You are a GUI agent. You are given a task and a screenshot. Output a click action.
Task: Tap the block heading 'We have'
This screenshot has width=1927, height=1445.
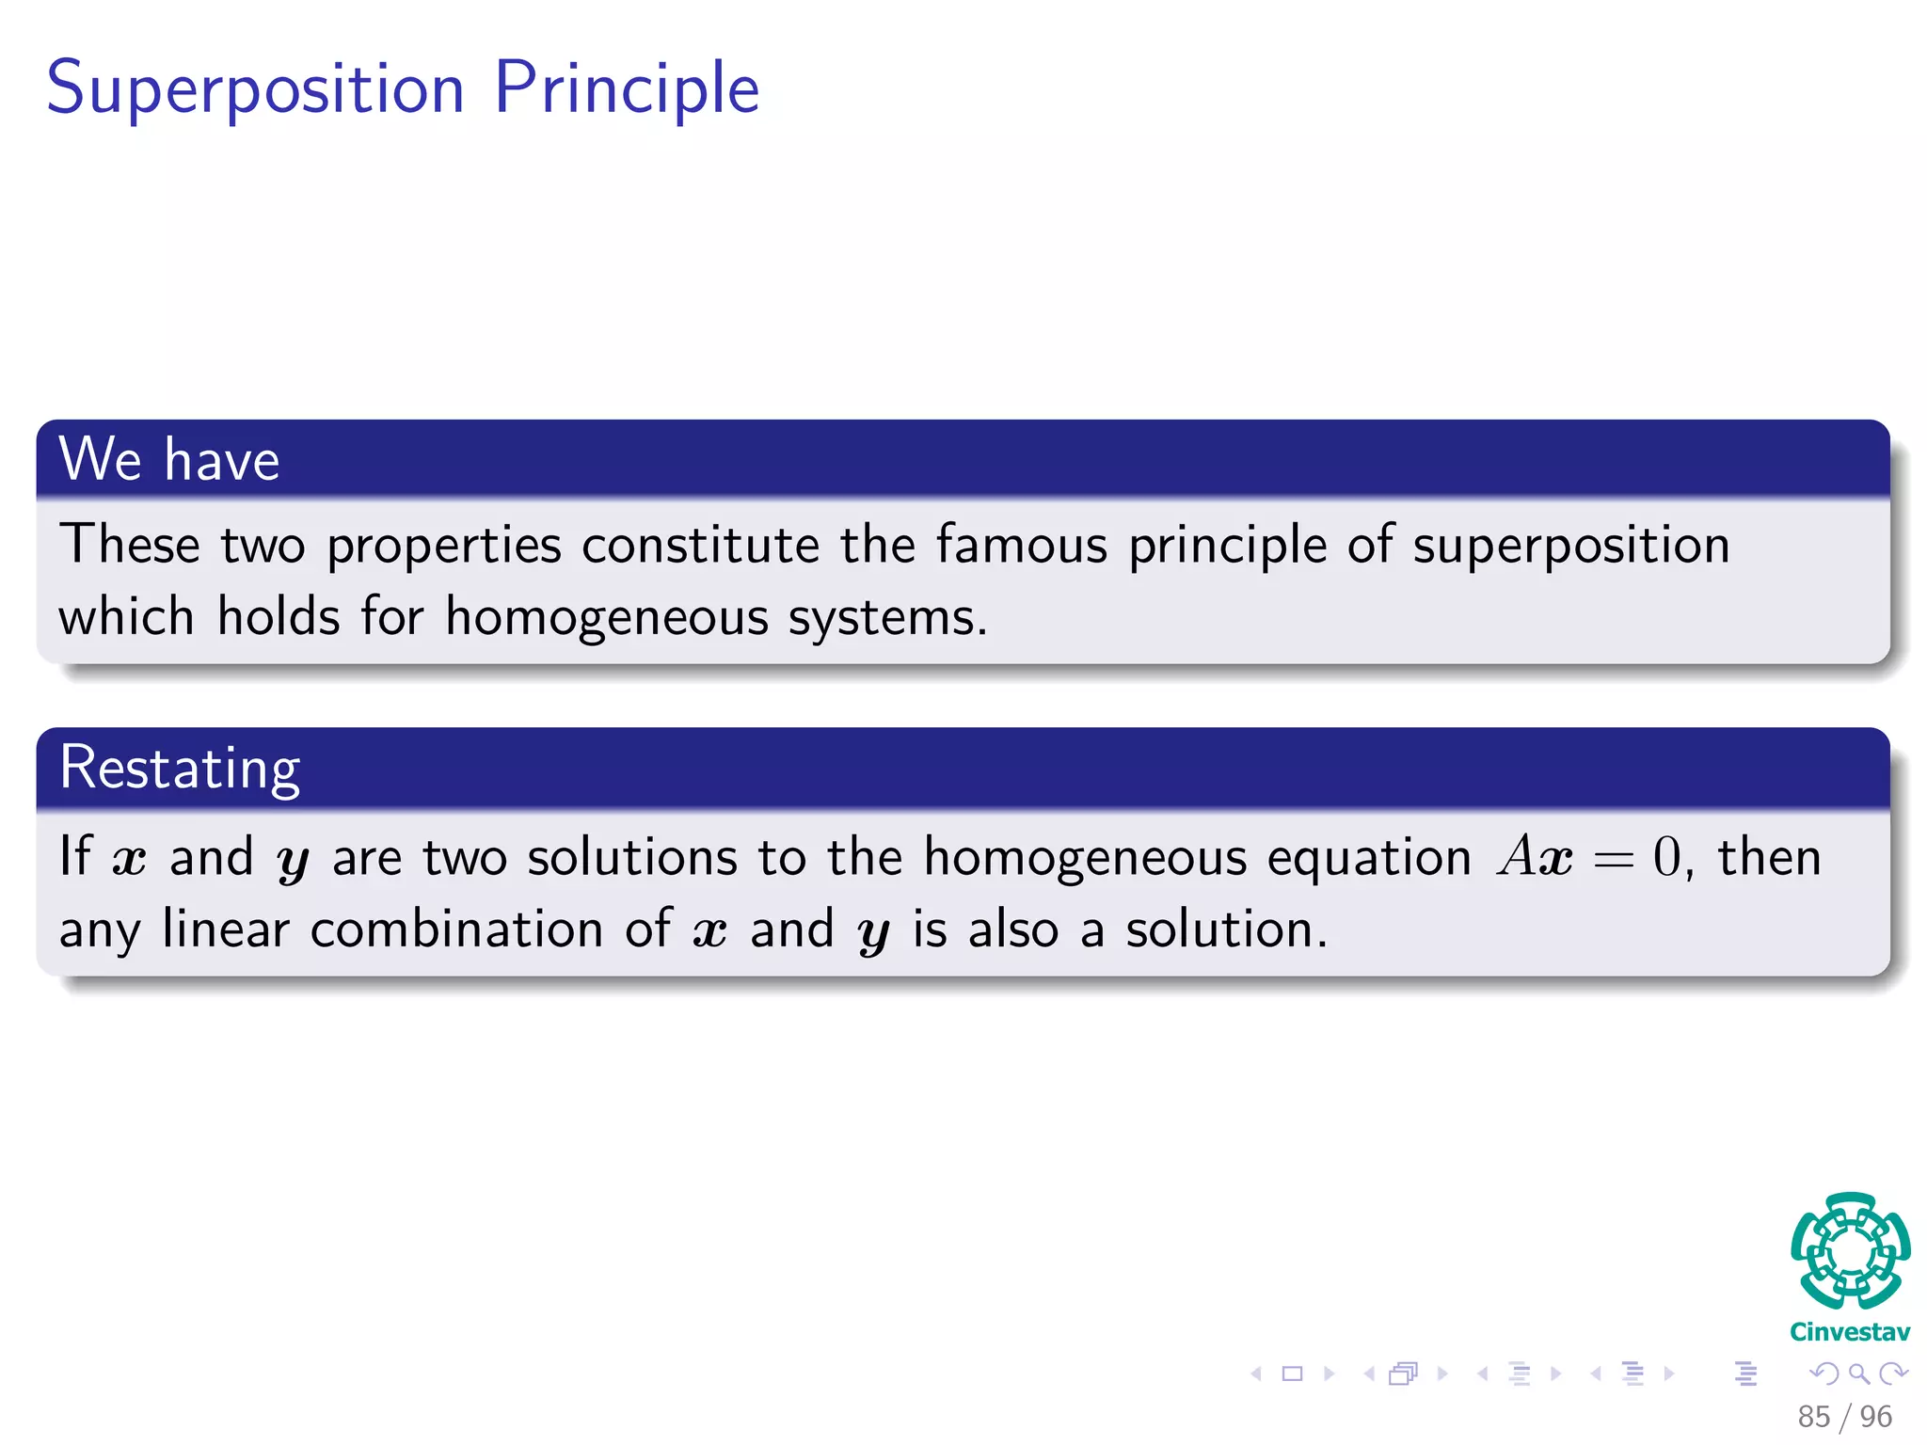pyautogui.click(x=169, y=460)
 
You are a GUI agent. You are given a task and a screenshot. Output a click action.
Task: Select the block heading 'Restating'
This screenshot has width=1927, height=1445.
pyautogui.click(x=180, y=768)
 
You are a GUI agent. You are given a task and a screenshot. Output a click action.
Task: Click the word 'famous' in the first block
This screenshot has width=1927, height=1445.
pyautogui.click(x=1022, y=545)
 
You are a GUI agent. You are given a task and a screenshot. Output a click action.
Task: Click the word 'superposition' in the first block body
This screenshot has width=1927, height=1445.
pyautogui.click(x=1570, y=547)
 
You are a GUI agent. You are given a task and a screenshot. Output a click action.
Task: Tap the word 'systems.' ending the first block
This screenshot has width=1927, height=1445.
pyautogui.click(x=887, y=618)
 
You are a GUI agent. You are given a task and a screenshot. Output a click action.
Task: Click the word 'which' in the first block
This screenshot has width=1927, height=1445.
pyautogui.click(x=126, y=617)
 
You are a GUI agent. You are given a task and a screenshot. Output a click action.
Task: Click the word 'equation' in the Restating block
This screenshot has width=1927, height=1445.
pyautogui.click(x=1368, y=858)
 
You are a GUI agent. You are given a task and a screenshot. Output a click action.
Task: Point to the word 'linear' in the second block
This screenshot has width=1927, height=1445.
pyautogui.click(x=226, y=929)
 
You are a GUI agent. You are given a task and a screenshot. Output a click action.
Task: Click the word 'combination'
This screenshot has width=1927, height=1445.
pyautogui.click(x=456, y=929)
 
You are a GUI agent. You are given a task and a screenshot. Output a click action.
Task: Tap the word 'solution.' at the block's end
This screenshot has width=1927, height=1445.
pyautogui.click(x=1226, y=929)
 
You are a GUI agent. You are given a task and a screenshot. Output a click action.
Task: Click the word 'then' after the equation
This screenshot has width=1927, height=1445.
pyautogui.click(x=1769, y=857)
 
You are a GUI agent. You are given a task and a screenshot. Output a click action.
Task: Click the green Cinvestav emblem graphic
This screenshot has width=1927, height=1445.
pyautogui.click(x=1850, y=1250)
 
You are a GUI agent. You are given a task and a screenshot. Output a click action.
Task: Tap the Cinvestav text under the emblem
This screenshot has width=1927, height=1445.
pyautogui.click(x=1849, y=1332)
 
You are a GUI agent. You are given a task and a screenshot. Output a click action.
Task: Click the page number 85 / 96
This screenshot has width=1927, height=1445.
pyautogui.click(x=1843, y=1416)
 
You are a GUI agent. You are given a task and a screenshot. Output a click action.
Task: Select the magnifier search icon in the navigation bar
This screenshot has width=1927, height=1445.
pyautogui.click(x=1858, y=1374)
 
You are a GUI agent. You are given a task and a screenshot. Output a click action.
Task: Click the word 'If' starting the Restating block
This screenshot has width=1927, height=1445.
pyautogui.click(x=75, y=856)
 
